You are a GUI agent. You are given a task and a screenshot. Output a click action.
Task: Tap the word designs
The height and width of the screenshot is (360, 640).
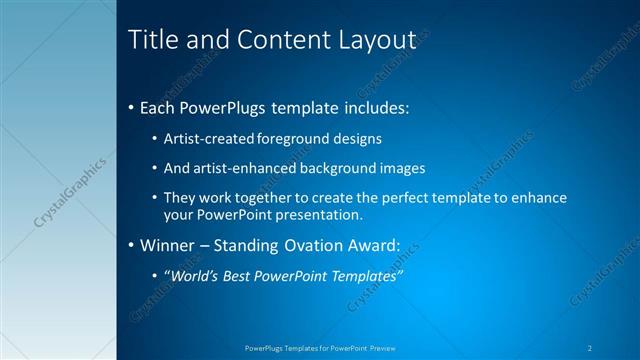coord(355,138)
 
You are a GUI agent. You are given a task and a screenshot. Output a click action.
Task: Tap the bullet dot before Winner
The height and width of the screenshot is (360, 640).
coord(132,245)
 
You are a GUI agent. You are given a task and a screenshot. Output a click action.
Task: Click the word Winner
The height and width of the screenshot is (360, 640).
coord(167,245)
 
